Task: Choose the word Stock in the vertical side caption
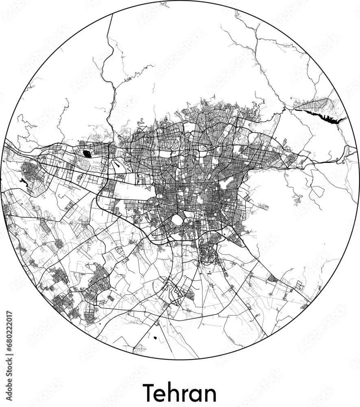(10, 368)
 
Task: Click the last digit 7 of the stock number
(10, 314)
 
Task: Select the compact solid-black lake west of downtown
(87, 153)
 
